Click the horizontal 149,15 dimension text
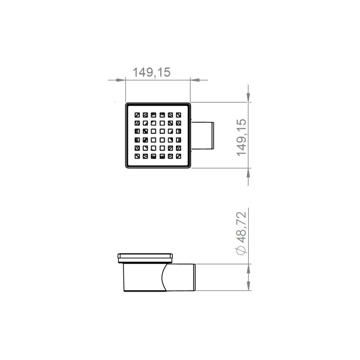point(151,72)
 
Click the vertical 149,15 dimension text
point(242,137)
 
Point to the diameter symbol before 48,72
point(242,250)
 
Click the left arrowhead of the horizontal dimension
point(121,80)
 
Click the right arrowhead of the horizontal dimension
point(194,80)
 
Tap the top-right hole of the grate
point(179,114)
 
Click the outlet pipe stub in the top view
point(203,135)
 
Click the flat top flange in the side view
point(145,257)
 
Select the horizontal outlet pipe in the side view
point(180,278)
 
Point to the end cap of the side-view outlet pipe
point(194,277)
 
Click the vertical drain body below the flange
point(139,277)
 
